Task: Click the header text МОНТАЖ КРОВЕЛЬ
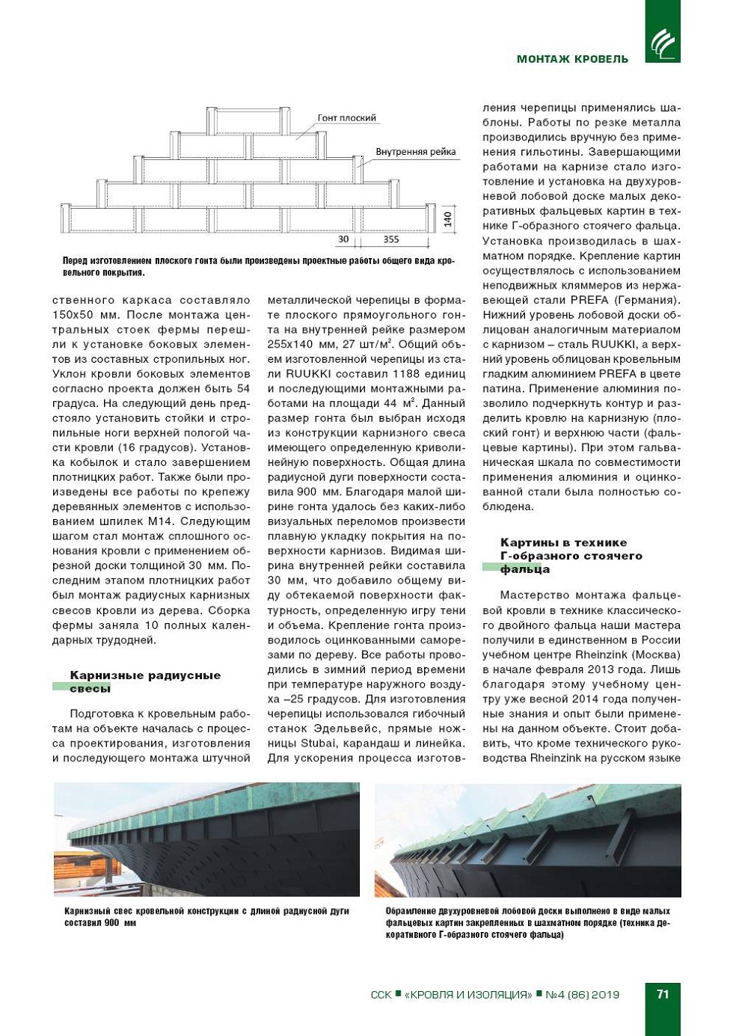(572, 59)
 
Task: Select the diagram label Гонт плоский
(347, 118)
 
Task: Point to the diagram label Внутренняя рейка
(415, 152)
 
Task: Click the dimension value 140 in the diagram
(447, 219)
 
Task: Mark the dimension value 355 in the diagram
(391, 240)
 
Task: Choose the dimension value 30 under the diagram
(343, 240)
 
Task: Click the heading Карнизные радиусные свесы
(145, 681)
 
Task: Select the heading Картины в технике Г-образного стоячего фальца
(571, 556)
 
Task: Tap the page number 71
(663, 994)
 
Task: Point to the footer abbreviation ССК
(381, 995)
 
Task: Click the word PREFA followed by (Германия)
(589, 300)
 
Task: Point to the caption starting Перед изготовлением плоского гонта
(258, 266)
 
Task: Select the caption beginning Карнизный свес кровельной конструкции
(206, 916)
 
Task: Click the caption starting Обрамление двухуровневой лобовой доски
(527, 922)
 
